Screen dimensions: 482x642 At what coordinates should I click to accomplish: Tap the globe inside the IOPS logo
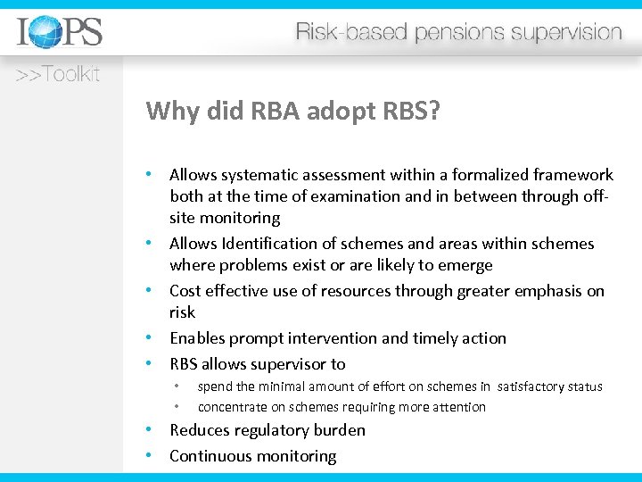pos(45,33)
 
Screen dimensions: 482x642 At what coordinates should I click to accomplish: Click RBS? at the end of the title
pos(408,111)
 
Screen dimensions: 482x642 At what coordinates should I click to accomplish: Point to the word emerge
pos(465,265)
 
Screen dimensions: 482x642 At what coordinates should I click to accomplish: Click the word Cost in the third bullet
pos(185,291)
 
